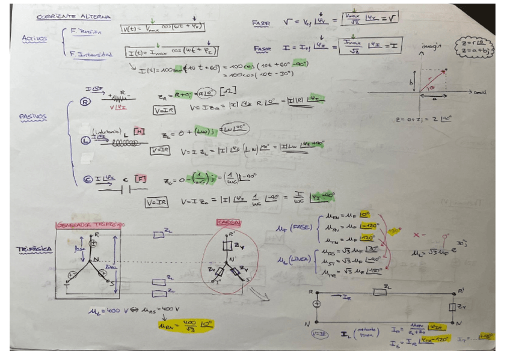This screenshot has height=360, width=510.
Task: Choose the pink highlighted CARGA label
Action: [229, 222]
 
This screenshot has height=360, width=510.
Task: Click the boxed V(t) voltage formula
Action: [162, 28]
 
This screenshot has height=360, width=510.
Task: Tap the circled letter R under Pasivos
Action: [85, 102]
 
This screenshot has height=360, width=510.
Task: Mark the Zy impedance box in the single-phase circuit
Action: [453, 307]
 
